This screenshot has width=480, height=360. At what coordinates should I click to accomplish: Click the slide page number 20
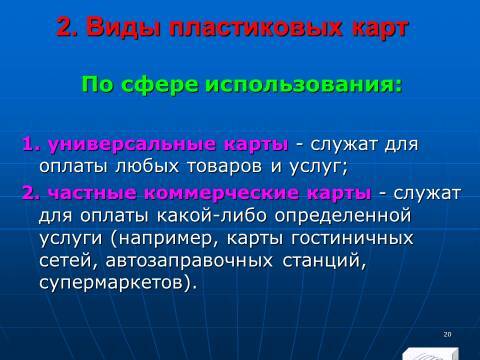[446, 333]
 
